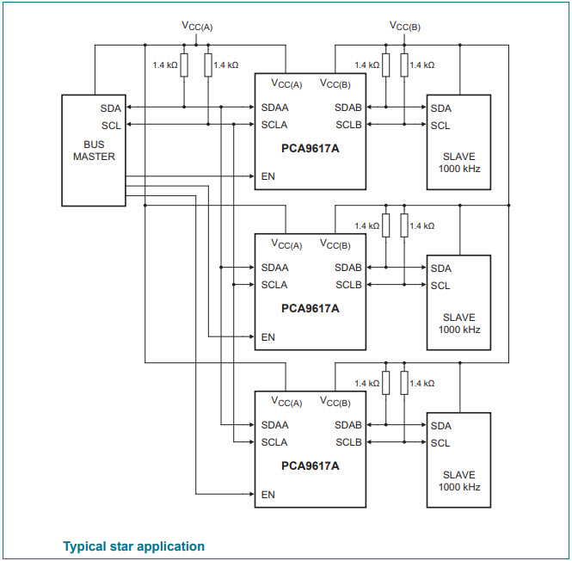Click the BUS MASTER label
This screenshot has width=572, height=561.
point(94,151)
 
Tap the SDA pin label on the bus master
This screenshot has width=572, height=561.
point(111,108)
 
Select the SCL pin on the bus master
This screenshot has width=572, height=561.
point(111,126)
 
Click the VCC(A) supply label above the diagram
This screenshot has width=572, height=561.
point(196,27)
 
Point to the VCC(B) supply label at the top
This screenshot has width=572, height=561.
point(404,26)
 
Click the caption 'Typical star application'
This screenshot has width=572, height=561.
point(133,546)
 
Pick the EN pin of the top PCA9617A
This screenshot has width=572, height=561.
point(268,177)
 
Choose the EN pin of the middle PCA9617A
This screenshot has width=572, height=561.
point(268,337)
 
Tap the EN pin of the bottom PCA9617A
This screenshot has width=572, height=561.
point(268,495)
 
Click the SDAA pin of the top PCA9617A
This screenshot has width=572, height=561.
point(275,108)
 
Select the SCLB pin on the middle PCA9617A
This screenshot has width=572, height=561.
point(348,285)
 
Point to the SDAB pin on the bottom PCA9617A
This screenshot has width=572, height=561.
point(348,425)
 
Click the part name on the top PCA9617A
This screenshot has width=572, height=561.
point(311,147)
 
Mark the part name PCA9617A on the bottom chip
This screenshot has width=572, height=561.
point(311,465)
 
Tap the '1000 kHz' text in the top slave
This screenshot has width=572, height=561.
point(459,169)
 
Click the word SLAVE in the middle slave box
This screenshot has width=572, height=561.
point(459,317)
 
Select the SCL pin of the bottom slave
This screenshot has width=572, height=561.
point(440,443)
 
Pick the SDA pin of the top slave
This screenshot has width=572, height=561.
point(441,108)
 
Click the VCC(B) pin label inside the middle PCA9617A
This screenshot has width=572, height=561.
point(335,244)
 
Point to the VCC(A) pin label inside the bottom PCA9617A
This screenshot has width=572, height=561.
point(286,402)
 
